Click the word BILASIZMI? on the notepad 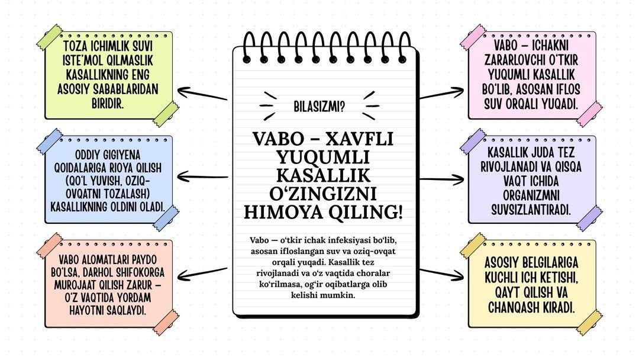[x=319, y=107]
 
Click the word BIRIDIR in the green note [x=109, y=103]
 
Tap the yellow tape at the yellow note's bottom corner [x=589, y=322]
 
